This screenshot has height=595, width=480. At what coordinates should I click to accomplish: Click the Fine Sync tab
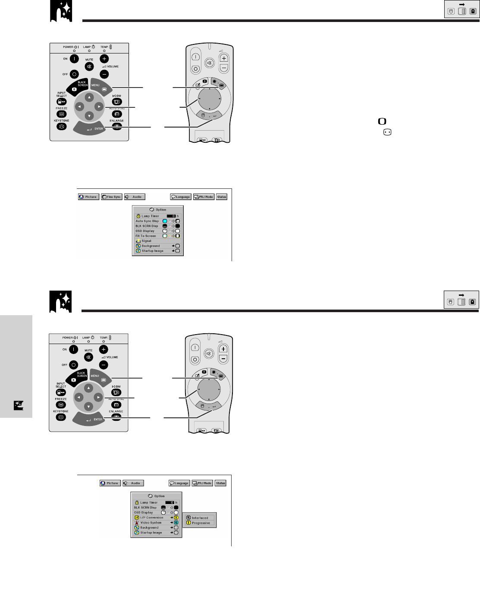click(112, 197)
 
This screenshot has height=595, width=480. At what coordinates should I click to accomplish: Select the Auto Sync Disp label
click(147, 221)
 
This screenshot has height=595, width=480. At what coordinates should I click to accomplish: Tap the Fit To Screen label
click(146, 236)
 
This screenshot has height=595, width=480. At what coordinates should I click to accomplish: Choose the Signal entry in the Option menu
click(146, 241)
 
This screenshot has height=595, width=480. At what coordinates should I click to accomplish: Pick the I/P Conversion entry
click(151, 518)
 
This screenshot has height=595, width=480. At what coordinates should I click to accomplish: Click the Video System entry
click(151, 523)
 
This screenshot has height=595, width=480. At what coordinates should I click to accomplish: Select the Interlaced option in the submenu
click(200, 518)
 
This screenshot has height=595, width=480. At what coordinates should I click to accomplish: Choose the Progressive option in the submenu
click(201, 523)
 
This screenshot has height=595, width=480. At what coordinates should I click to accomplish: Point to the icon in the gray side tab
click(18, 405)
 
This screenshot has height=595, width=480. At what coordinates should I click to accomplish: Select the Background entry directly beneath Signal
click(151, 246)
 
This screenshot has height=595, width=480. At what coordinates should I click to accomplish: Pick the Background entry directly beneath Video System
click(149, 528)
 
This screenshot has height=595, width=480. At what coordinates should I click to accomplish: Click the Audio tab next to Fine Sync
click(135, 197)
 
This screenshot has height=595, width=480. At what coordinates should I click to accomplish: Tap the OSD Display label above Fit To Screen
click(145, 231)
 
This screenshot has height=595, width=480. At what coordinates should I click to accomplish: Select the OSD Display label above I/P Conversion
click(143, 513)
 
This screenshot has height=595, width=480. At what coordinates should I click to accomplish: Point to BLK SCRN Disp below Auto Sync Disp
click(147, 226)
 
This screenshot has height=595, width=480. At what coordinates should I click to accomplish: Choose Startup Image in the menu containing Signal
click(152, 251)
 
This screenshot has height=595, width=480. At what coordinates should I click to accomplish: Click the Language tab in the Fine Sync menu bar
click(181, 197)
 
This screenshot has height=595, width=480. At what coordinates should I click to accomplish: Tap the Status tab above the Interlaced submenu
click(220, 483)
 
